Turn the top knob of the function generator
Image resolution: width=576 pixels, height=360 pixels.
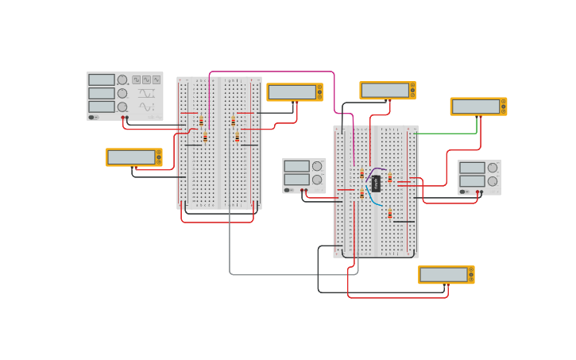click(122, 79)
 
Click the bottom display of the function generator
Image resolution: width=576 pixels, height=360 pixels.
click(102, 106)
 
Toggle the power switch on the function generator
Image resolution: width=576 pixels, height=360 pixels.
click(93, 117)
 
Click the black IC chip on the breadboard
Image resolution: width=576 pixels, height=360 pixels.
click(376, 184)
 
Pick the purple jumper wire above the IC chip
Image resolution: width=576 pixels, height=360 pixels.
click(376, 169)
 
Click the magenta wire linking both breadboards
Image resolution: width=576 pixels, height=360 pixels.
click(270, 72)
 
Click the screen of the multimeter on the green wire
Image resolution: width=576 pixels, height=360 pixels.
click(475, 106)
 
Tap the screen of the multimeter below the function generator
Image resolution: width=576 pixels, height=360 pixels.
click(131, 157)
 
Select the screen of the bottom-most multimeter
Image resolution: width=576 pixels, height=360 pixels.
click(443, 275)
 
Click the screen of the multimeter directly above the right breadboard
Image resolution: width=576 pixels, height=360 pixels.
click(385, 90)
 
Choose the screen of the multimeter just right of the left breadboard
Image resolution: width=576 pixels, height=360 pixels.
click(292, 92)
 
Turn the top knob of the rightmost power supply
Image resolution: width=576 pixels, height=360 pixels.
click(493, 168)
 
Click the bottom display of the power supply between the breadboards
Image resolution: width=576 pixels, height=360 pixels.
click(296, 180)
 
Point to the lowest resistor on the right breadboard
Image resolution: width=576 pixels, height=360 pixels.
click(390, 214)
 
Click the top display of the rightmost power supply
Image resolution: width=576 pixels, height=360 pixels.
click(472, 168)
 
